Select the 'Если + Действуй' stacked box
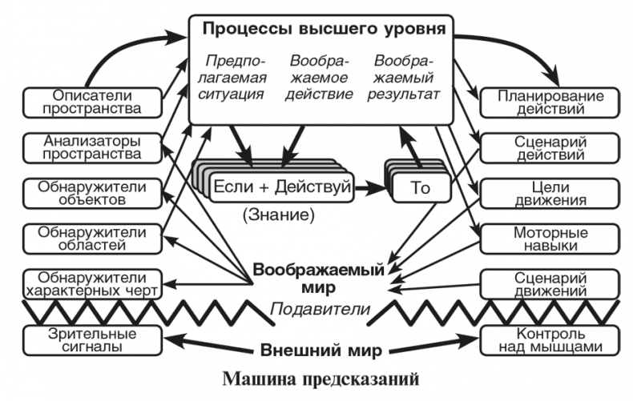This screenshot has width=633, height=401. tap(280, 187)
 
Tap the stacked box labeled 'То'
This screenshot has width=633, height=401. tap(420, 189)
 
